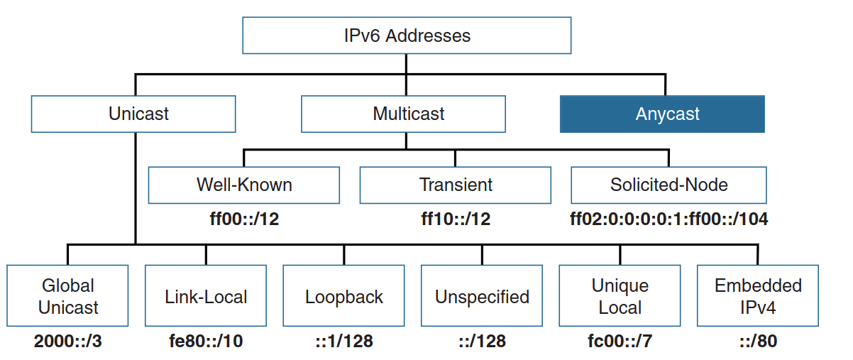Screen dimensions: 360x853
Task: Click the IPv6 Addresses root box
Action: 407,36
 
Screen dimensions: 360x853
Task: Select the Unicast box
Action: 133,114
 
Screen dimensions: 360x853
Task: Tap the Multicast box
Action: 403,114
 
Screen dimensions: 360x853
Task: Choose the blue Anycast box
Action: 662,114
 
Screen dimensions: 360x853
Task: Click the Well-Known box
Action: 243,185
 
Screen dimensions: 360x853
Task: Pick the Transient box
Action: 455,185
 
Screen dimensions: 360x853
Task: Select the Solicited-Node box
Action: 668,185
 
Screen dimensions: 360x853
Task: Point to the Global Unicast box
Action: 67,296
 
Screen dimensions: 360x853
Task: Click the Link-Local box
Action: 206,296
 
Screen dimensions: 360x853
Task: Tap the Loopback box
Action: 344,296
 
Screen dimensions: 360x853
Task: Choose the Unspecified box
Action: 482,296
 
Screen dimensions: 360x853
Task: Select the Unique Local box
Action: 620,296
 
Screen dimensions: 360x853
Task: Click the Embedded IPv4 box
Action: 758,296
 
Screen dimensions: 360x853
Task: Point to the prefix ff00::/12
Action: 243,219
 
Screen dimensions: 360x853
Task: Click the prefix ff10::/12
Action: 455,219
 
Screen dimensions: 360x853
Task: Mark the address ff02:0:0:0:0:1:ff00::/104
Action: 668,219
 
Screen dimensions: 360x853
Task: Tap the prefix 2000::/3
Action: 67,342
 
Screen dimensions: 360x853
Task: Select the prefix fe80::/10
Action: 206,342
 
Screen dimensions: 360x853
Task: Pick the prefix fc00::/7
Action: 620,342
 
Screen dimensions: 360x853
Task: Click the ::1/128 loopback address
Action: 344,342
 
